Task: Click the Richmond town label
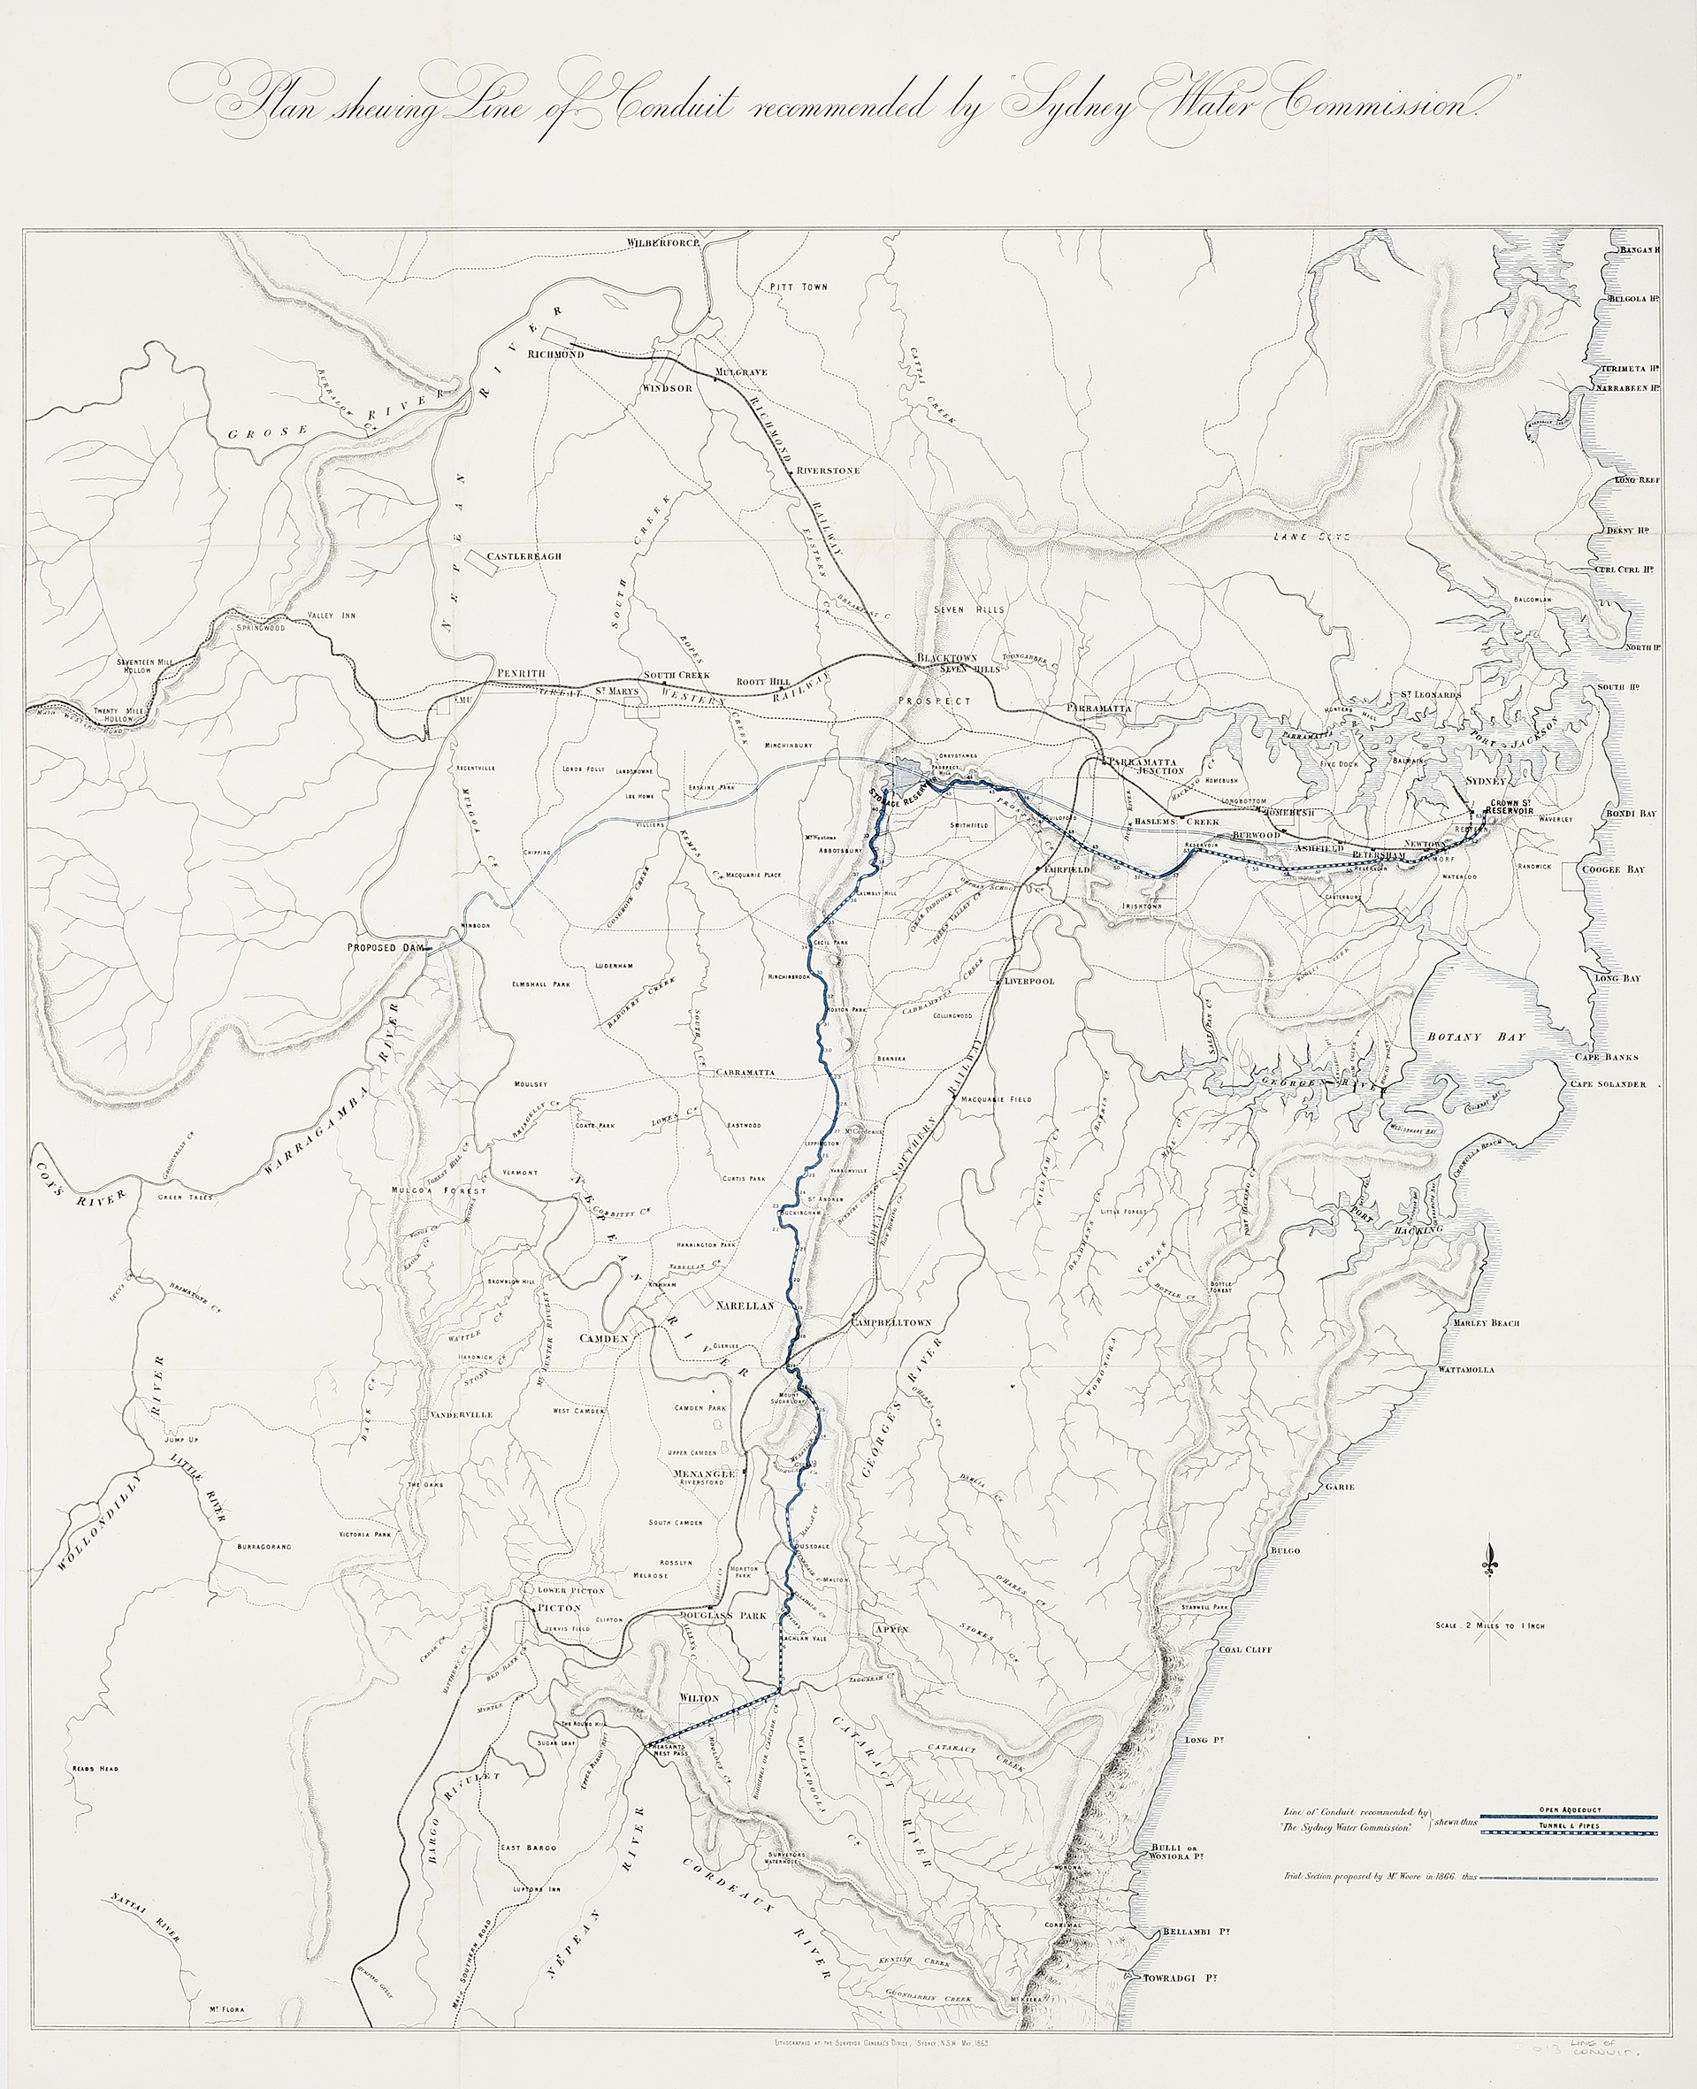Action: tap(554, 355)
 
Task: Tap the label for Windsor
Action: tap(667, 388)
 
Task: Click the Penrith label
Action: tap(521, 675)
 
